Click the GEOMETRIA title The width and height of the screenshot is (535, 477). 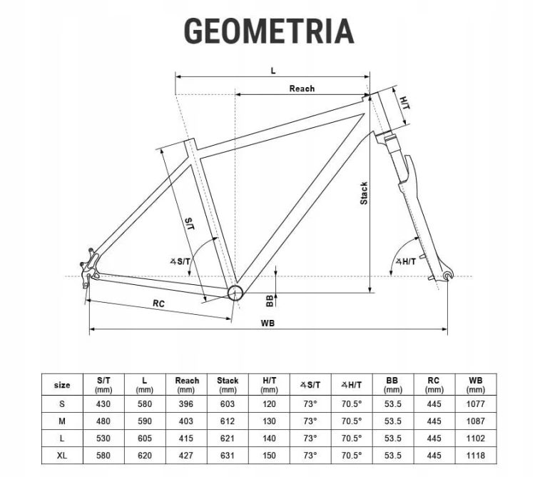point(269,31)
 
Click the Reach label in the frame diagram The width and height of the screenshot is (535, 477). point(302,89)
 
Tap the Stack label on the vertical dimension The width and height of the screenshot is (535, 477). point(364,194)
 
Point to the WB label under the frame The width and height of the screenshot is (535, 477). point(267,323)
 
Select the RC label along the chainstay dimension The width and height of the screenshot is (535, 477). point(158,303)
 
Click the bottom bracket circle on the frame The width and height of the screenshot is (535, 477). point(235,293)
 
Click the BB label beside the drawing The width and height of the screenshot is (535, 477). point(270,301)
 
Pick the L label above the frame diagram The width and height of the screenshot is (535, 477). point(273,71)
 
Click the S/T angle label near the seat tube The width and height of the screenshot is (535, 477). point(180,262)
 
